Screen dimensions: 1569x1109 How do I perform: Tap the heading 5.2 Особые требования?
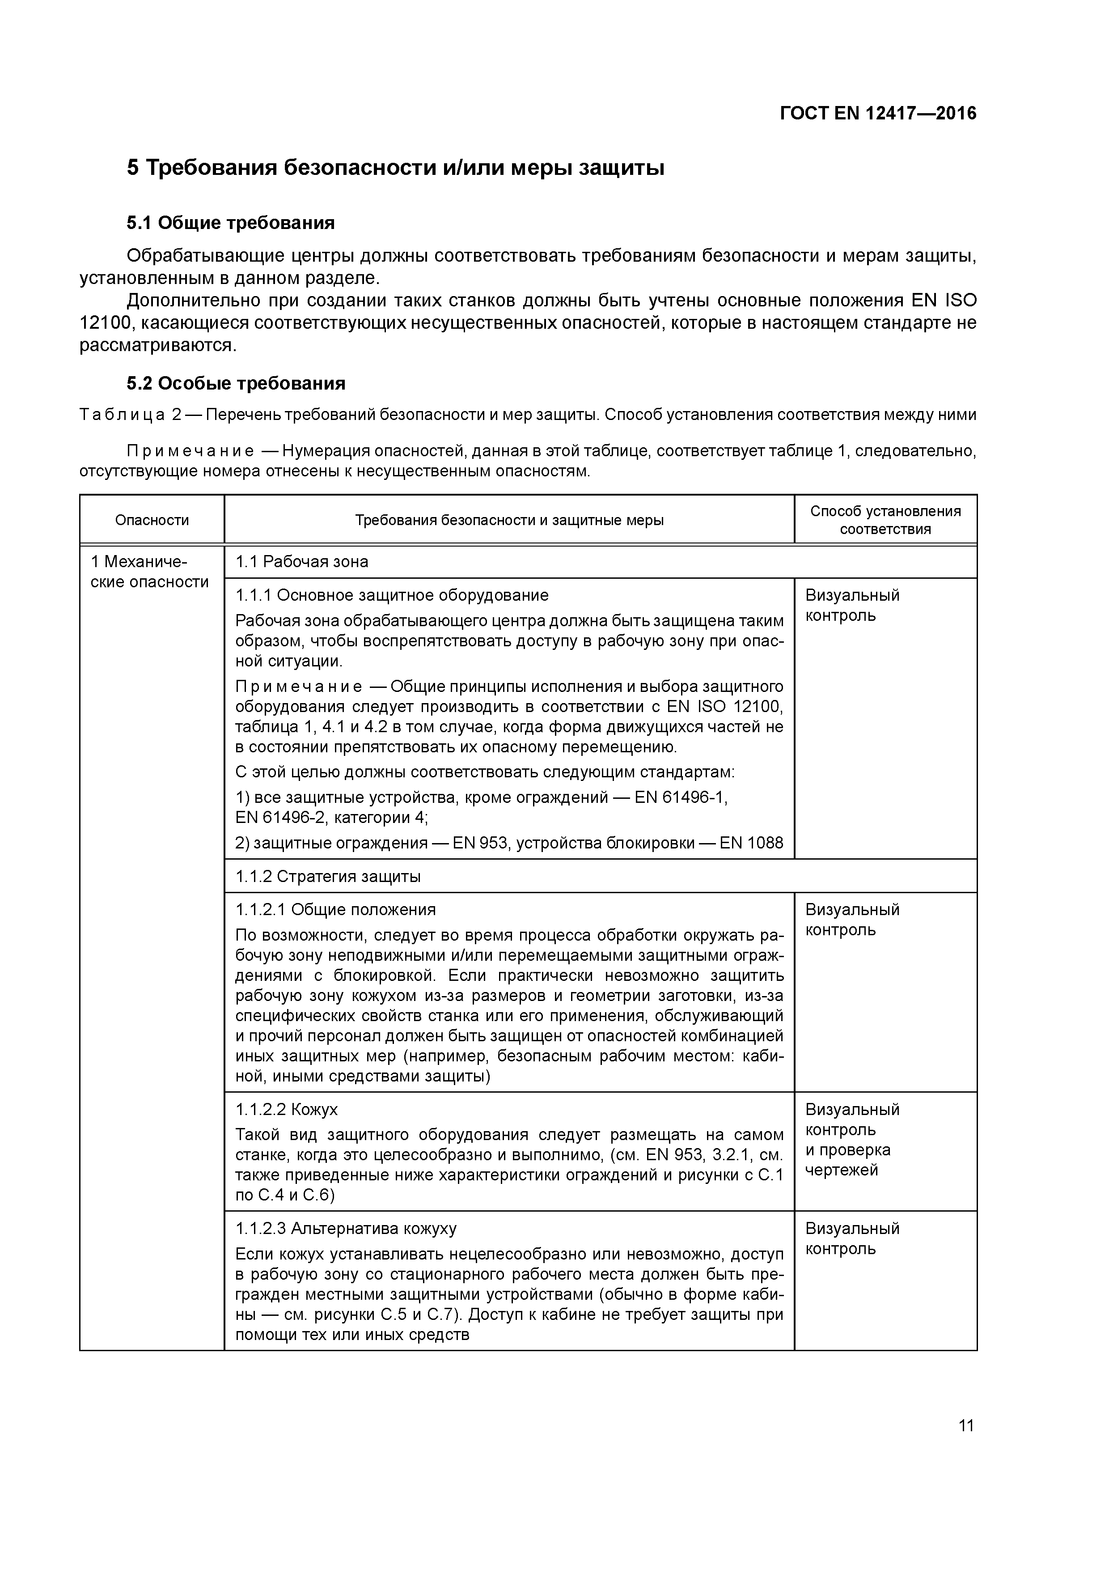coord(236,383)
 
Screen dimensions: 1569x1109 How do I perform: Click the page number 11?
coord(965,1425)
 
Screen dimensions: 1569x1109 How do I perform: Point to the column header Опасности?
coord(152,520)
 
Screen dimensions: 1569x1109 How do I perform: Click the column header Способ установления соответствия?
coord(885,520)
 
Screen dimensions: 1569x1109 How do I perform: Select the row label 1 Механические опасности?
coord(150,572)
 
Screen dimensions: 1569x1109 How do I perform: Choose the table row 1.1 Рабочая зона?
coord(301,562)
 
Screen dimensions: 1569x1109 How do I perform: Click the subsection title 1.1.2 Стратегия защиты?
coord(328,877)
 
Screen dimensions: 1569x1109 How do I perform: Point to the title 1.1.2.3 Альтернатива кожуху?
coord(346,1229)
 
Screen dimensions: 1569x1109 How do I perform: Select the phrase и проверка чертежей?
coord(847,1160)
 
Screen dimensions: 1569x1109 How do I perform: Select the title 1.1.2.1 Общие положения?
coord(335,910)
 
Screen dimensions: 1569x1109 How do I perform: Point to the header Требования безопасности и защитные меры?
coord(509,520)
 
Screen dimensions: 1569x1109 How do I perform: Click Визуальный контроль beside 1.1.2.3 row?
coord(852,1238)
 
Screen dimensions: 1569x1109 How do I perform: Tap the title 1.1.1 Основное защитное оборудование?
coord(392,595)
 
